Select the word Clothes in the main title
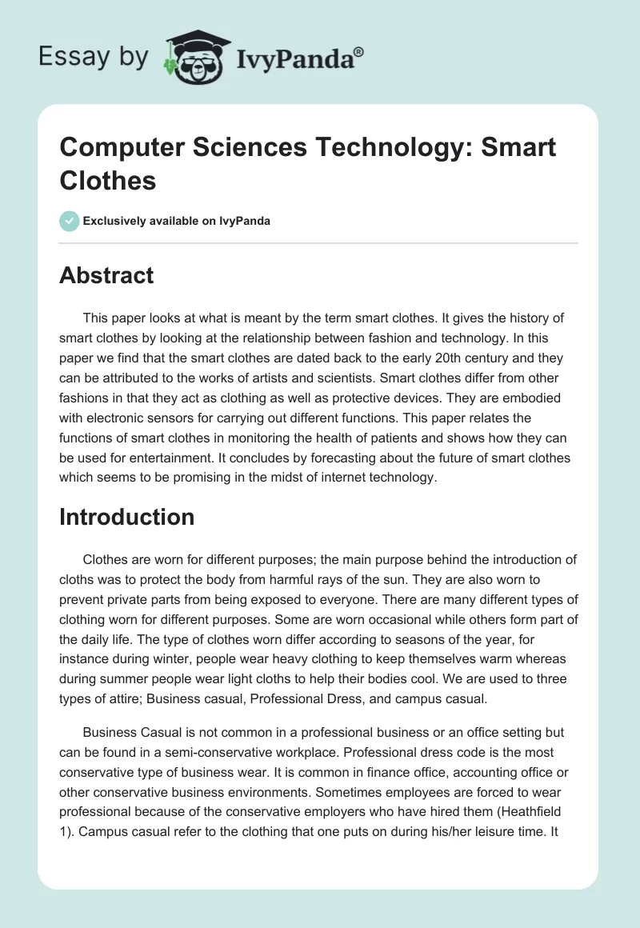[x=107, y=181]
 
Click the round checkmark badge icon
[x=70, y=221]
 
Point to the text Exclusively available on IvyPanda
[x=176, y=221]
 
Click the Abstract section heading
[x=106, y=275]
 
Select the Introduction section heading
[x=127, y=517]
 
